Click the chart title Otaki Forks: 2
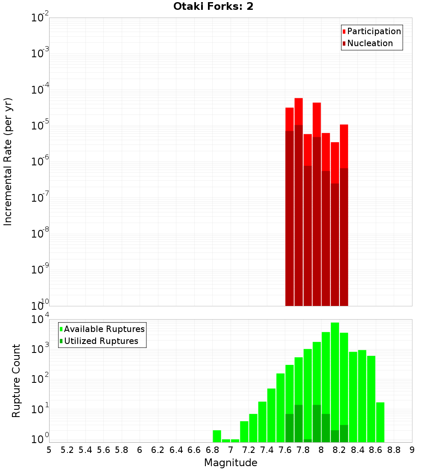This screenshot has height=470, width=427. [x=213, y=6]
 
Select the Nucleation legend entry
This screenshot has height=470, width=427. [x=370, y=43]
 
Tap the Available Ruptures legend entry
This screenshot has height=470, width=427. [x=104, y=329]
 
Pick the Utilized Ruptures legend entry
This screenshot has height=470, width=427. [x=101, y=341]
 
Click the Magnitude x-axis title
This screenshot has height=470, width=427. [x=231, y=463]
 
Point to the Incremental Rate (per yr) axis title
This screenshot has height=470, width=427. [x=8, y=162]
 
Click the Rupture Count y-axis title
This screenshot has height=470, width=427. [x=16, y=380]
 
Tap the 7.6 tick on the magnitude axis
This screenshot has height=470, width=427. [x=285, y=450]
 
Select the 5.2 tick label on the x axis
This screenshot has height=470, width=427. [x=67, y=450]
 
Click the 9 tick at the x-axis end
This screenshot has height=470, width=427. [x=412, y=450]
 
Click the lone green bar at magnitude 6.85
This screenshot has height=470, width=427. [x=217, y=436]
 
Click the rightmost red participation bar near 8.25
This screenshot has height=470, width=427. [x=344, y=145]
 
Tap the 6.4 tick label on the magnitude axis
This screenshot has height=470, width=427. [x=176, y=450]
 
